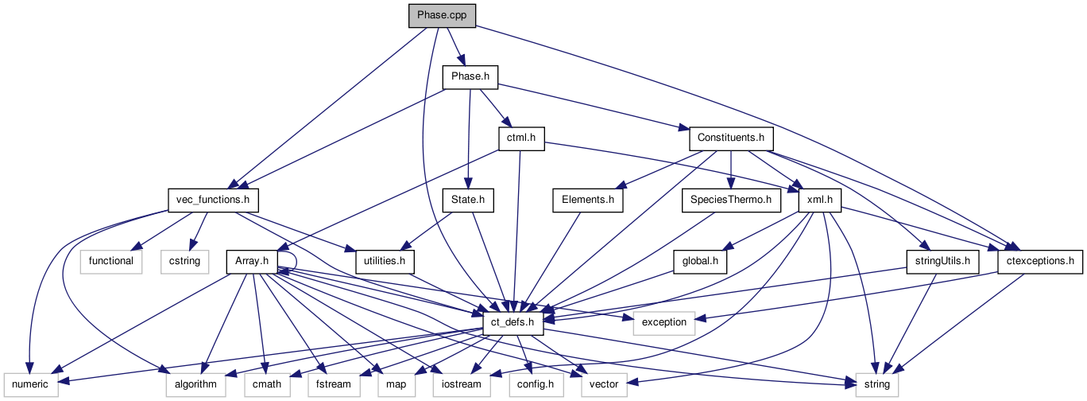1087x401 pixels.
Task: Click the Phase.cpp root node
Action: (442, 16)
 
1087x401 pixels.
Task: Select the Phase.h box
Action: (470, 77)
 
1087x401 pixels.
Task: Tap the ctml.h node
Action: (521, 138)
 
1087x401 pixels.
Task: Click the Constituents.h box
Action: (730, 138)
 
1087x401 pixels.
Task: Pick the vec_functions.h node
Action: (214, 199)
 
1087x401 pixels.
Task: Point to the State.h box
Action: (467, 199)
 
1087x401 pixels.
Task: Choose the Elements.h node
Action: (588, 199)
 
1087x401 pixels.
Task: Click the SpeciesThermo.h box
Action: (731, 199)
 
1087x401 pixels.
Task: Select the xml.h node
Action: (819, 199)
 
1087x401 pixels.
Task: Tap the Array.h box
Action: (252, 260)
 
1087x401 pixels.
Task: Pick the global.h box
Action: (700, 260)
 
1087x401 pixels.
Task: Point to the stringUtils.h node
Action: (942, 260)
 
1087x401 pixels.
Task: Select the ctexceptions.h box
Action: (1040, 260)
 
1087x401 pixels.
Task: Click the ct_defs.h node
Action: (513, 321)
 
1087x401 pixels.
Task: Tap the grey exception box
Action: (663, 321)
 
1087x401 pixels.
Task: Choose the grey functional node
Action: (110, 260)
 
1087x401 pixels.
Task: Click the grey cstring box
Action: (183, 260)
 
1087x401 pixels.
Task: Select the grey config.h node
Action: (536, 383)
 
